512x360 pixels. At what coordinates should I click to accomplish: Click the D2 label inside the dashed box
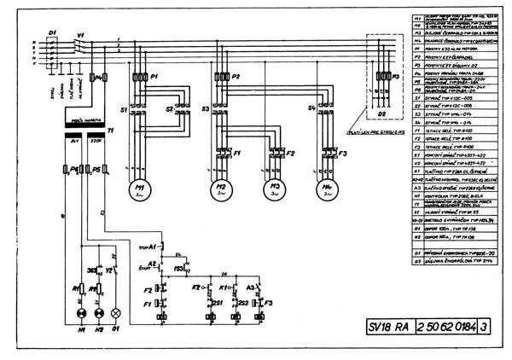[381, 113]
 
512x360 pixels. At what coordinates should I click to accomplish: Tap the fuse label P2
[236, 77]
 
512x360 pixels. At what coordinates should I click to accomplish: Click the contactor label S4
[311, 108]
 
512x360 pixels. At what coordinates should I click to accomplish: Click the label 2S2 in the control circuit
[243, 303]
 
